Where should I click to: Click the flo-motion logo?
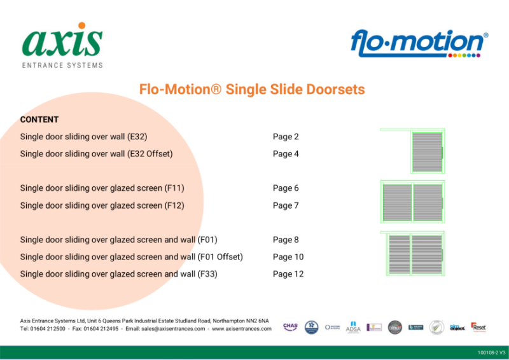click(419, 44)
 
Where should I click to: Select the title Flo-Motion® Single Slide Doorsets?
click(252, 90)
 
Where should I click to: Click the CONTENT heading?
click(39, 120)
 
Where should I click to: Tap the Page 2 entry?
click(286, 137)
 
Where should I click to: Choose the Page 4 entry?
click(286, 154)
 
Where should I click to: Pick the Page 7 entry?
click(286, 205)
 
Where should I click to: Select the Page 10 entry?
click(288, 257)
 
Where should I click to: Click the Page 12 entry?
click(288, 274)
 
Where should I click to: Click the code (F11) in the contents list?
click(174, 188)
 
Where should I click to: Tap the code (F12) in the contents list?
click(174, 205)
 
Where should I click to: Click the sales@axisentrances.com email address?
click(172, 329)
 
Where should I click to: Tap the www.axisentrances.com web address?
click(242, 329)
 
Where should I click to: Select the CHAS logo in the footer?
click(290, 326)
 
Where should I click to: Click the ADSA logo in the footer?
click(352, 327)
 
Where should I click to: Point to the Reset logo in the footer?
click(478, 326)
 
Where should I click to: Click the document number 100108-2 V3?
click(491, 353)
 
